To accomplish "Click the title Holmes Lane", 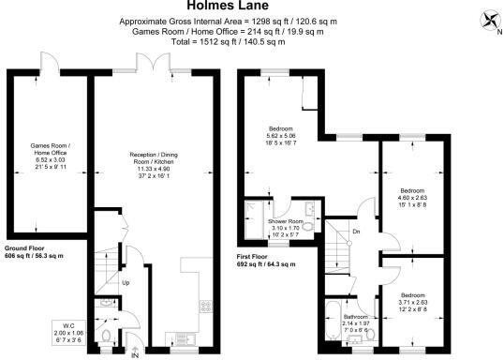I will [x=253, y=7].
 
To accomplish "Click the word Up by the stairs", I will [x=125, y=282].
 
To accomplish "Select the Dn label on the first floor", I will [x=356, y=232].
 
